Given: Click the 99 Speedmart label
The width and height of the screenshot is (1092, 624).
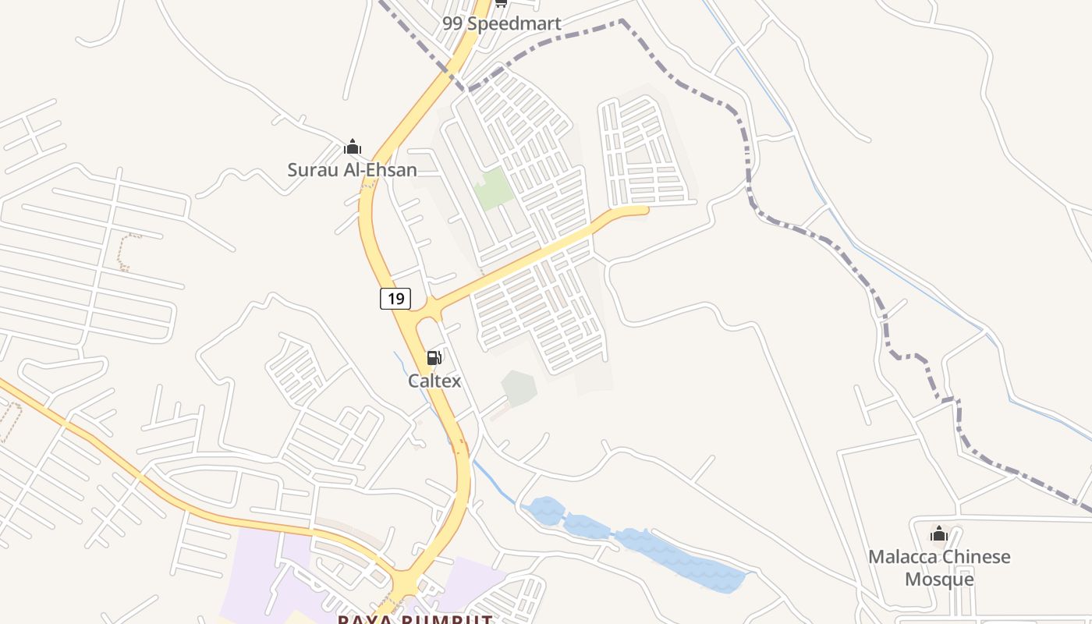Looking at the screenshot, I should point(502,23).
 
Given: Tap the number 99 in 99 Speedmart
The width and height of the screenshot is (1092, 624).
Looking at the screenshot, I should point(453,23).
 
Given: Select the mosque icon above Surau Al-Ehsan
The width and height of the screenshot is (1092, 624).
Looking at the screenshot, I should point(353,147).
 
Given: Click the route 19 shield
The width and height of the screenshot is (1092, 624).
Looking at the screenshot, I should point(395,298).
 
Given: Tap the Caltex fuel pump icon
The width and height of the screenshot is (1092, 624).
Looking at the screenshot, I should point(434,358).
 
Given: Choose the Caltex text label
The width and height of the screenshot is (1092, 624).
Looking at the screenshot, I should point(434,381).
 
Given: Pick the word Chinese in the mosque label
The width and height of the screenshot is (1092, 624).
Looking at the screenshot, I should point(975,557).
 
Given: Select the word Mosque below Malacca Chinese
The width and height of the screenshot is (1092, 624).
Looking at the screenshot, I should point(939,579).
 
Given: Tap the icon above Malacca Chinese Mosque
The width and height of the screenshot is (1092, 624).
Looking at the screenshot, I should point(939,534).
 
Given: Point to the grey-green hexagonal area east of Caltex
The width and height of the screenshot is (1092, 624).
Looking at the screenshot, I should point(519,388).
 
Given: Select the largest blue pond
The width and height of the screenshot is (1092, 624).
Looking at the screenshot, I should point(679,558).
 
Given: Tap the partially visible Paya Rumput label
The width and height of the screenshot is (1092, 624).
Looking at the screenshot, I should point(415,619).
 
